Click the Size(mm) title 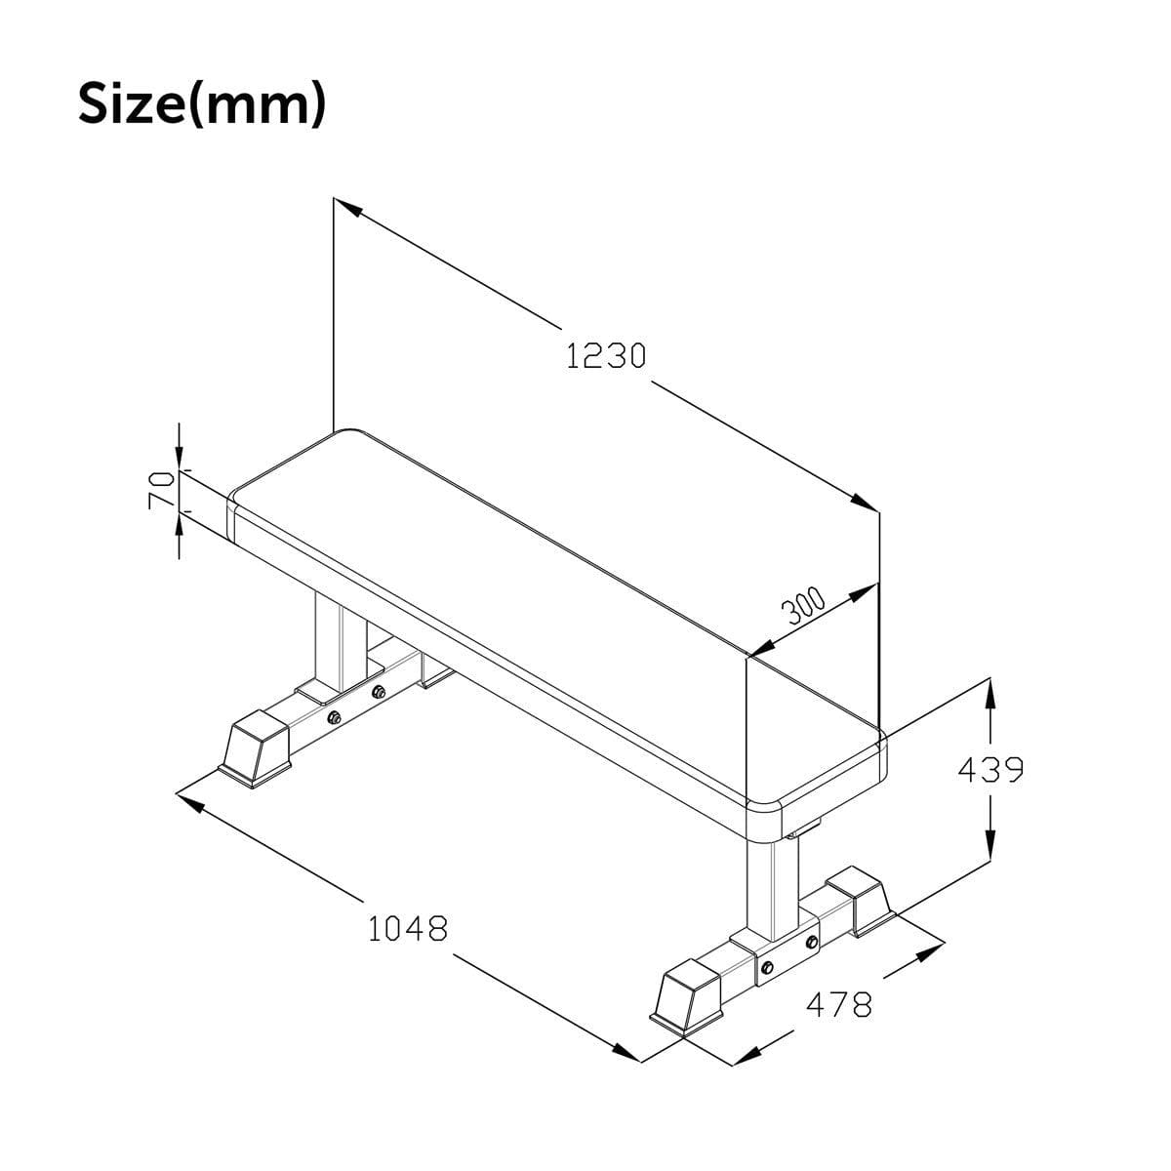(x=200, y=102)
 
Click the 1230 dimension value (x=606, y=357)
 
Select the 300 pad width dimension (x=804, y=607)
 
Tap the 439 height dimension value (x=990, y=771)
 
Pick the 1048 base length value (x=408, y=928)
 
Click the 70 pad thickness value (x=159, y=488)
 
